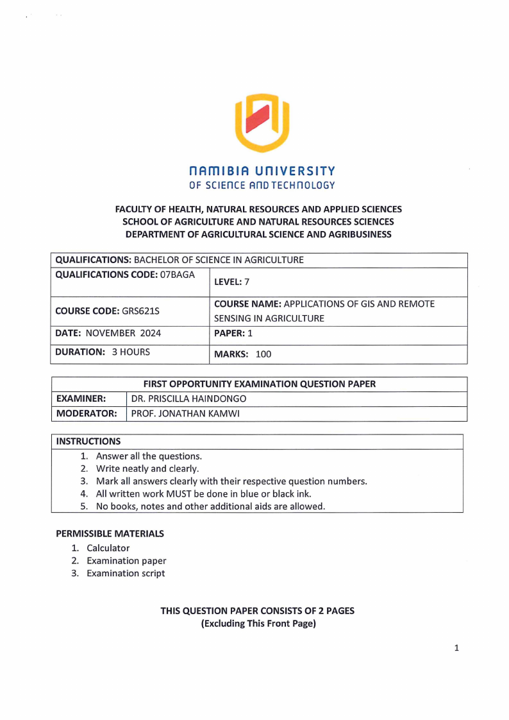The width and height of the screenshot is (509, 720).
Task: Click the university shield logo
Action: pyautogui.click(x=262, y=123)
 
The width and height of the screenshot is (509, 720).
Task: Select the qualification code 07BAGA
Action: pyautogui.click(x=174, y=275)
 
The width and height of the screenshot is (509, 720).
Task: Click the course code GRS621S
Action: pyautogui.click(x=140, y=311)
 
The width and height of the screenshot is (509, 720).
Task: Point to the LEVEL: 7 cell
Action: pyautogui.click(x=228, y=282)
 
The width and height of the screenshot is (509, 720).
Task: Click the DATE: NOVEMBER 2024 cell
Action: pyautogui.click(x=108, y=333)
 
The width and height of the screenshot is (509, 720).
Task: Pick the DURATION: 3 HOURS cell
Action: pyautogui.click(x=103, y=352)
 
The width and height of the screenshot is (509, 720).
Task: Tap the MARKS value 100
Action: pyautogui.click(x=263, y=354)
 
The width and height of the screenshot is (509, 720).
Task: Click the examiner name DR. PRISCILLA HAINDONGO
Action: pyautogui.click(x=188, y=399)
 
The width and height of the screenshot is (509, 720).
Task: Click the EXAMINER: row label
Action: pyautogui.click(x=81, y=399)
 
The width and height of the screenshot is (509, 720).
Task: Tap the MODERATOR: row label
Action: pyautogui.click(x=87, y=413)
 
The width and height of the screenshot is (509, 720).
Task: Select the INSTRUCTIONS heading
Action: pyautogui.click(x=88, y=441)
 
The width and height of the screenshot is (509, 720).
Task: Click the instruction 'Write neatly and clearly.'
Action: pyautogui.click(x=147, y=468)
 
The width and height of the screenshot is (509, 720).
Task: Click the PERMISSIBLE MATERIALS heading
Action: pyautogui.click(x=110, y=533)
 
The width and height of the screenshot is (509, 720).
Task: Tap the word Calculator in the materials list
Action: pyautogui.click(x=108, y=548)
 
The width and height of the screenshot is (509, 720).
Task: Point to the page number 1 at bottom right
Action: pyautogui.click(x=456, y=648)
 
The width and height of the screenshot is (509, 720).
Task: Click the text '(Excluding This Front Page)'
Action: pyautogui.click(x=258, y=624)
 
